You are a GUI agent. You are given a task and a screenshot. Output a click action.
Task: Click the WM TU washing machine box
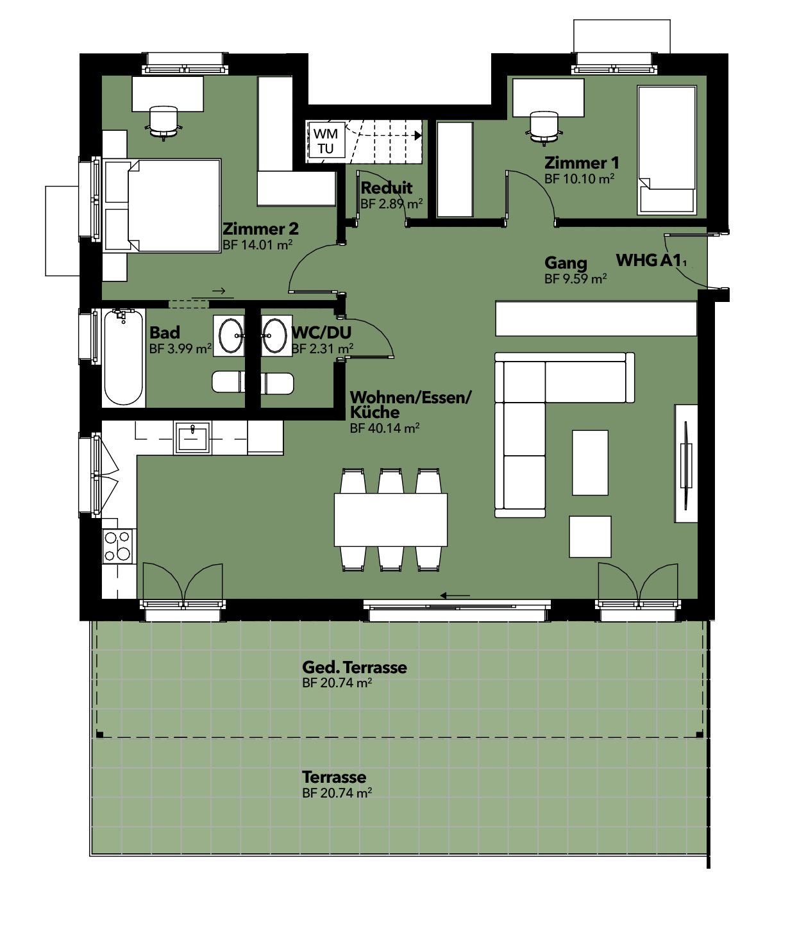pyautogui.click(x=326, y=140)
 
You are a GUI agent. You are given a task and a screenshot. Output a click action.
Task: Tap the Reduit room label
pyautogui.click(x=386, y=188)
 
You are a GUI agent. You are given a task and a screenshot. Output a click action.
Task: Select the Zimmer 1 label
pyautogui.click(x=582, y=163)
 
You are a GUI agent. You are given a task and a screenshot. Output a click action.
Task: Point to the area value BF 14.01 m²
pyautogui.click(x=257, y=245)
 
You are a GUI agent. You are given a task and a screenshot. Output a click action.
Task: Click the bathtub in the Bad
pyautogui.click(x=124, y=358)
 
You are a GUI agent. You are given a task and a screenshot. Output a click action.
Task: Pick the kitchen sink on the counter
pyautogui.click(x=192, y=437)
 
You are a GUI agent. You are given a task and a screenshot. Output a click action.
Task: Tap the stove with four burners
pyautogui.click(x=119, y=546)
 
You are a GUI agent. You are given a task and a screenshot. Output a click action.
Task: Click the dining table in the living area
pyautogui.click(x=390, y=519)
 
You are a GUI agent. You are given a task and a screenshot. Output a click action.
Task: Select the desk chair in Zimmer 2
pyautogui.click(x=164, y=122)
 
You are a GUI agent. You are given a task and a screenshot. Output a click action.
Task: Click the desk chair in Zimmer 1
pyautogui.click(x=544, y=128)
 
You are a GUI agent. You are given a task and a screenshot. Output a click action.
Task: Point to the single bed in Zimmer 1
pyautogui.click(x=667, y=150)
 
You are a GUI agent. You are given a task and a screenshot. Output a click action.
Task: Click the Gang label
pyautogui.click(x=566, y=263)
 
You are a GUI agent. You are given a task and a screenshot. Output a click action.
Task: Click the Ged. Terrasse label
pyautogui.click(x=355, y=667)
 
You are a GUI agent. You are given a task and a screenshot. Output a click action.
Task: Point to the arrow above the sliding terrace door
pyautogui.click(x=455, y=596)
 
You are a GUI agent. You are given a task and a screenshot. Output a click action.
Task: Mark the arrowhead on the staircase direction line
pyautogui.click(x=418, y=136)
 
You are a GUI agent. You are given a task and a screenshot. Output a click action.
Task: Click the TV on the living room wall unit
pyautogui.click(x=685, y=465)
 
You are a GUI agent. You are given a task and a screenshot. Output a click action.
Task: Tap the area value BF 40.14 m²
pyautogui.click(x=385, y=428)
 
